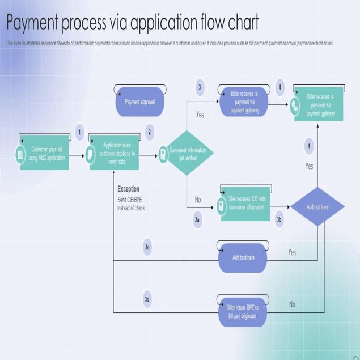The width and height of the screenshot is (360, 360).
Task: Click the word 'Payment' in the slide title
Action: coord(33,24)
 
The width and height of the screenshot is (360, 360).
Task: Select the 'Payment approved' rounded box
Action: coord(140,103)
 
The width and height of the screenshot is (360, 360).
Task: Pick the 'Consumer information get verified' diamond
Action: coord(187,154)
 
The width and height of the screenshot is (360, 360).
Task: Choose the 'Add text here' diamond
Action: coord(317,207)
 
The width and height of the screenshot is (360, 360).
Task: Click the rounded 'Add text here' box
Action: coord(243,258)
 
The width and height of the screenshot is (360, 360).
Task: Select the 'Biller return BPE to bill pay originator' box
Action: coord(242,311)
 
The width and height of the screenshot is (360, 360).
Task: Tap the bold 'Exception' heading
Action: coord(128,189)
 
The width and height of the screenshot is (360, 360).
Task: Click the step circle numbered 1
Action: coord(79,133)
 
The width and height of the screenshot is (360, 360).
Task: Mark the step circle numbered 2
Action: coord(150,133)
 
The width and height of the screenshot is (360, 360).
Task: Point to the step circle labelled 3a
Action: coord(197,219)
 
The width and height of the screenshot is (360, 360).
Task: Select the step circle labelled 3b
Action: coord(279,219)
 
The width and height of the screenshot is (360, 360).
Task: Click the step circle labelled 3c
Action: coord(147,247)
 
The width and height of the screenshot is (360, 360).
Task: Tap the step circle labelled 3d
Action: coord(147,299)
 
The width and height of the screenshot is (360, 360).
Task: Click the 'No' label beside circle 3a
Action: coord(198,200)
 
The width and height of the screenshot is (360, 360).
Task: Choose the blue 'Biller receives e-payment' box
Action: coord(244,103)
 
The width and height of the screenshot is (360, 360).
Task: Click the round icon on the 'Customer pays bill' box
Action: coord(20,154)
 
